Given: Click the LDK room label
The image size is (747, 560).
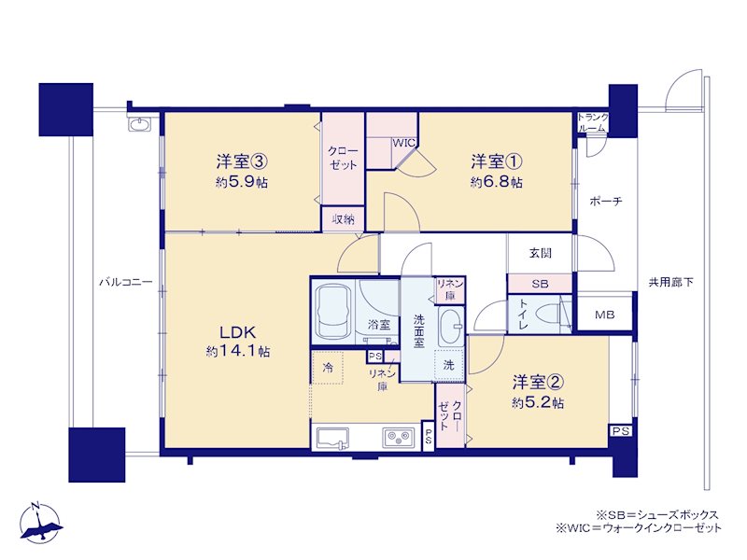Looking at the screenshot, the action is click(238, 331).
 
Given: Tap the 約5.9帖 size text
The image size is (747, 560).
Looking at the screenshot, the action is click(241, 182).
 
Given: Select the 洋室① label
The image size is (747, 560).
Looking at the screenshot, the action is click(496, 161).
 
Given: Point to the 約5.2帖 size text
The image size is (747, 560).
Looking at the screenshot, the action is click(538, 403).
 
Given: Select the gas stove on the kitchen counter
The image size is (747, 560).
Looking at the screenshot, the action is click(400, 437).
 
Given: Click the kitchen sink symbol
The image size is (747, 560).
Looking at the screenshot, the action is click(332, 438).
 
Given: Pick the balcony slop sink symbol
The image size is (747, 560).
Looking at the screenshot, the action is click(139, 124).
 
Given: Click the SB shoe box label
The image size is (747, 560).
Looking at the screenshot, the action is click(540, 285).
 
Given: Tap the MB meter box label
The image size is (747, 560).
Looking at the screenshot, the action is click(604, 315).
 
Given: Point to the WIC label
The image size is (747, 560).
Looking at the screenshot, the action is click(404, 143).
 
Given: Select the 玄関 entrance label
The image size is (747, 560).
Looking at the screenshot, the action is click(541, 253).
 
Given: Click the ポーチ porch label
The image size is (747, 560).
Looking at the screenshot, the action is click(606, 201).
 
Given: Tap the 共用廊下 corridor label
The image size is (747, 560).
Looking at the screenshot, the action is click(670, 283).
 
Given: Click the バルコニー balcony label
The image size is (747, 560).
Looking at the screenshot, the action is click(126, 283).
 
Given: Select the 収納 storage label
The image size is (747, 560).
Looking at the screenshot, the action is click(343, 219).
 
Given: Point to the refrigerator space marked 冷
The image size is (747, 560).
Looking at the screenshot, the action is click(328, 368).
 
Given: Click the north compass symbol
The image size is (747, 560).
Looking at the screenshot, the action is click(41, 524).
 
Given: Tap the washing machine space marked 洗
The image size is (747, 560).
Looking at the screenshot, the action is click(449, 365).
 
